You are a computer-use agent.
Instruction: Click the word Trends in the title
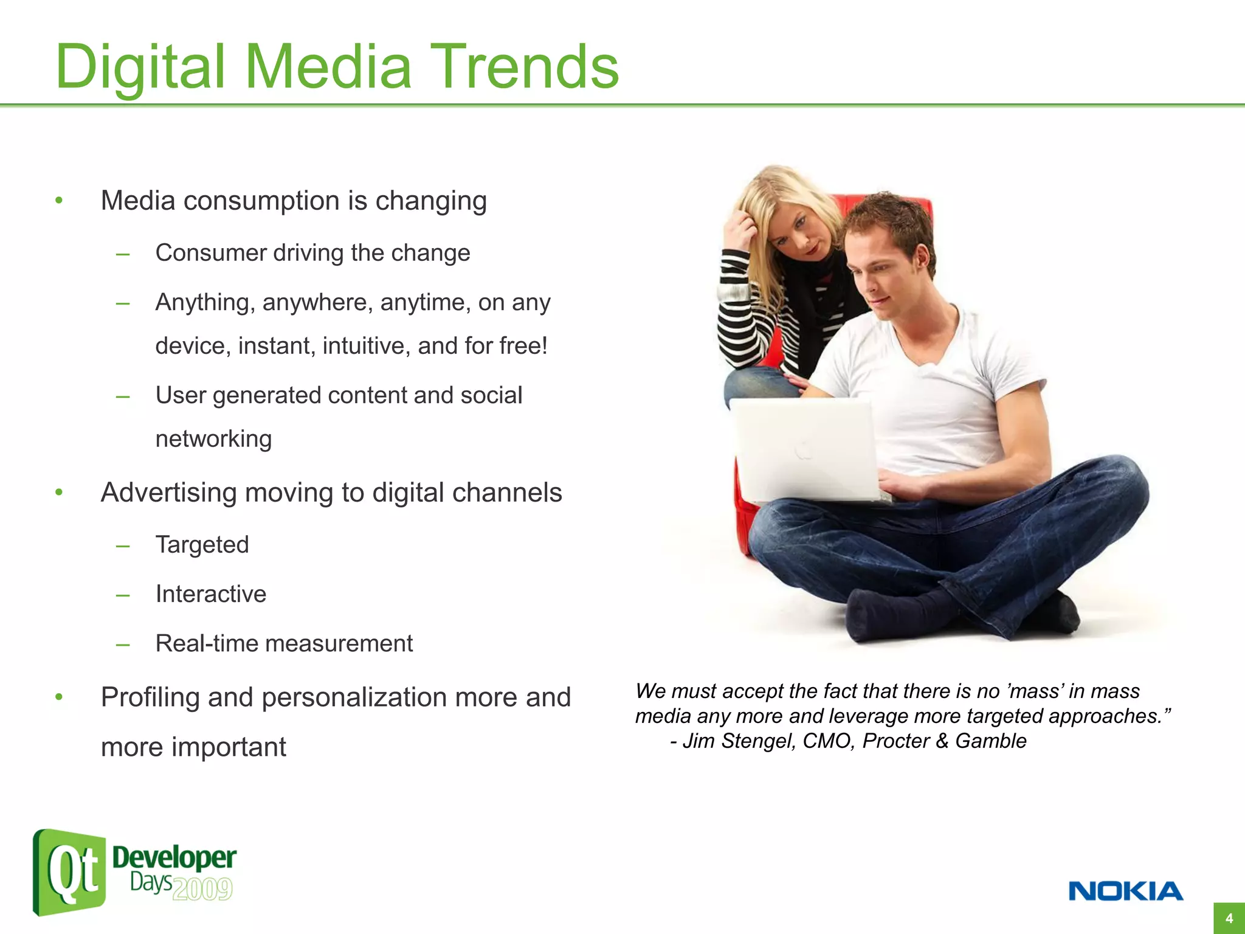coord(526,67)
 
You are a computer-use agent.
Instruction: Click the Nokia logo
coord(1125,891)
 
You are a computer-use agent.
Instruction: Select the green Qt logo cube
coord(69,872)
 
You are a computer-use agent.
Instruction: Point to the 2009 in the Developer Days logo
coord(202,889)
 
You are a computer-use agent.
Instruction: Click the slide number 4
coord(1229,918)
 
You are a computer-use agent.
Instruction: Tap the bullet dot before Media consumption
coord(59,200)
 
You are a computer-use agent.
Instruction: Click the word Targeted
coord(202,545)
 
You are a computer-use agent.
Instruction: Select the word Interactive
coord(210,594)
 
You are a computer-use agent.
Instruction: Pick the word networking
coord(213,439)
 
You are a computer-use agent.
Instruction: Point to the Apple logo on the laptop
coord(804,451)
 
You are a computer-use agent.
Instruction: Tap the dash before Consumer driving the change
coord(123,254)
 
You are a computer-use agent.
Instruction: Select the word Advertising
coord(168,493)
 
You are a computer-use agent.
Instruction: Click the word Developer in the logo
coord(174,857)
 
